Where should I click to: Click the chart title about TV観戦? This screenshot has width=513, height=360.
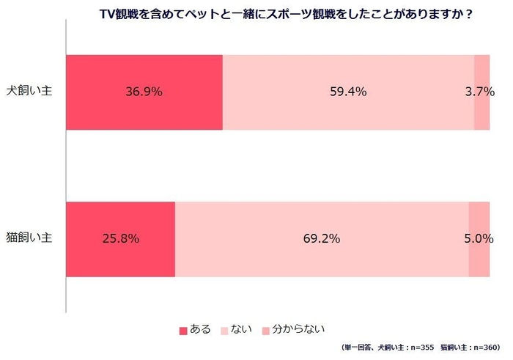[285, 13]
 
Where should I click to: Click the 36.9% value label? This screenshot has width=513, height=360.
[144, 92]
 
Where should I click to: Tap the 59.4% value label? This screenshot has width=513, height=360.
[348, 92]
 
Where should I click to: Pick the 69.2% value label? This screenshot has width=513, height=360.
[322, 239]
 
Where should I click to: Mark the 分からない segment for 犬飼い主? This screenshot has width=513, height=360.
[482, 114]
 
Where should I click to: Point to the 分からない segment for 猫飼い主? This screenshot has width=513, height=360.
[479, 260]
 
